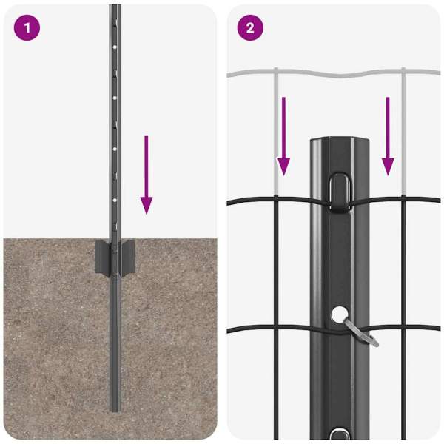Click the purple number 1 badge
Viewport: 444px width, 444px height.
click(x=27, y=28)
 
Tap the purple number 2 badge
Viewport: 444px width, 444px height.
click(x=250, y=28)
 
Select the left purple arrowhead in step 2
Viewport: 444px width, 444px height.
click(x=283, y=167)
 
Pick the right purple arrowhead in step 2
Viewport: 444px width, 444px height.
click(x=388, y=167)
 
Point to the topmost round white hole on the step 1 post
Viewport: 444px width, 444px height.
click(x=115, y=47)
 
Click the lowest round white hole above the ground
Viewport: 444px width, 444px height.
click(x=115, y=201)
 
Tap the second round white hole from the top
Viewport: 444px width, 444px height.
click(x=115, y=98)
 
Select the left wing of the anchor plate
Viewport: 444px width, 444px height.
click(x=102, y=258)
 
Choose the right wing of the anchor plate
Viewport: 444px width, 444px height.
click(x=128, y=258)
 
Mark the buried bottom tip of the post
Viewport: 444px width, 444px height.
click(x=115, y=411)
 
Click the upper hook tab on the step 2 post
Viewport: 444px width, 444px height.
click(x=340, y=192)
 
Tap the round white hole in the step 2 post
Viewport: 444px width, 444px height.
click(x=340, y=314)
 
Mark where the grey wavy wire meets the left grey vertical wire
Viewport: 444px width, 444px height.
click(x=276, y=73)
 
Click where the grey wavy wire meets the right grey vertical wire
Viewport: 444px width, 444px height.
click(x=403, y=72)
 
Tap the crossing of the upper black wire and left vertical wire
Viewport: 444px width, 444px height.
click(x=276, y=198)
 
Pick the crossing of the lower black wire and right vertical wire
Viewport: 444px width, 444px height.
click(x=403, y=327)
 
